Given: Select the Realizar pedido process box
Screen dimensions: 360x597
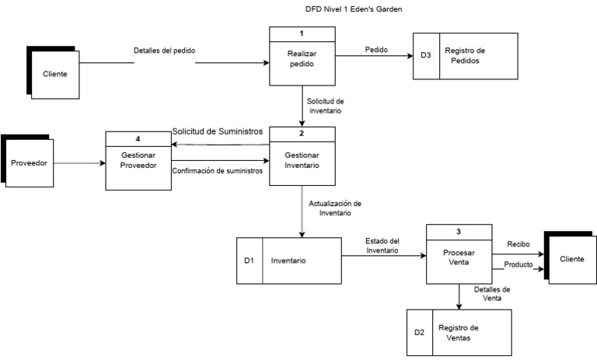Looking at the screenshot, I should [302, 59].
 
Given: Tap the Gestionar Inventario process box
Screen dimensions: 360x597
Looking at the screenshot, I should [302, 161].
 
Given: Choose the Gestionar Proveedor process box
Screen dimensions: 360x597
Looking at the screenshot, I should [138, 159].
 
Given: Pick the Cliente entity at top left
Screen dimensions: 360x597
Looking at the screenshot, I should [54, 74].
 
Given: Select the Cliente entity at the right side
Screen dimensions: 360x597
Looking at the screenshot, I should [572, 258].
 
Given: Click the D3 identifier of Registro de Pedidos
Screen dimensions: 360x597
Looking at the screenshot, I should [425, 55].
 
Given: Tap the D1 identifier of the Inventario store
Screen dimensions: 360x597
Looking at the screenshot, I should [249, 260].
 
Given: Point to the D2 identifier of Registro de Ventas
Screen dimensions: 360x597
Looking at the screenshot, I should [419, 332].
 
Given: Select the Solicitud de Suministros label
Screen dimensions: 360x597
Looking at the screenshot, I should [217, 131].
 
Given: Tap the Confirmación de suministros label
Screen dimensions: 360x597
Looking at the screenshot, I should [217, 170].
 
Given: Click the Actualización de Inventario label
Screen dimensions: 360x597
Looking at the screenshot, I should [335, 208].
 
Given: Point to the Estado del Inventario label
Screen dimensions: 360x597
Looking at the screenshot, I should [382, 245].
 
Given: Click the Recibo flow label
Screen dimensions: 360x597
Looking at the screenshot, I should [518, 244].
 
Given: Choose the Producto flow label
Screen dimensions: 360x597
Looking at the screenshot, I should [518, 264].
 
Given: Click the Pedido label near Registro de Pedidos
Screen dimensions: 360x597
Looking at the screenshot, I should [376, 51].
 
